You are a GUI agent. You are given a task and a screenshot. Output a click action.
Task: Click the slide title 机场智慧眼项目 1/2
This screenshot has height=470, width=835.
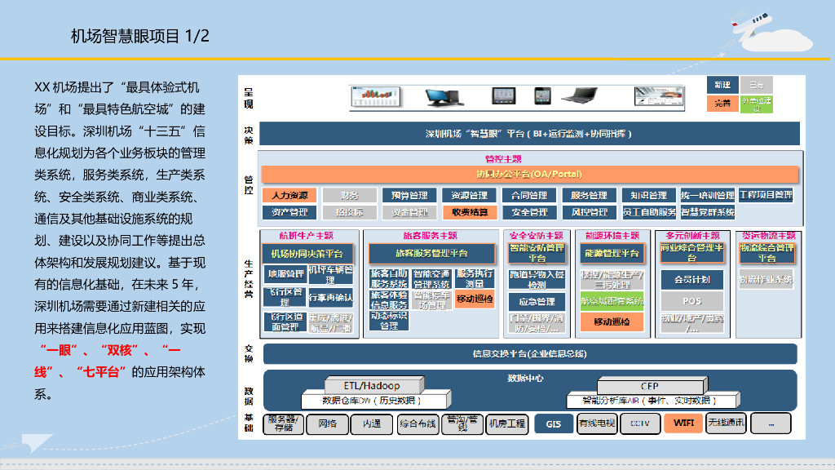pyautogui.click(x=140, y=36)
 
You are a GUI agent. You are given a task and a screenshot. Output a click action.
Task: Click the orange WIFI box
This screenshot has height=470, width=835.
pyautogui.click(x=683, y=423)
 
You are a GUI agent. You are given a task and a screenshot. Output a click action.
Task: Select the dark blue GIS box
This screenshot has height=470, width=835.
pyautogui.click(x=554, y=423)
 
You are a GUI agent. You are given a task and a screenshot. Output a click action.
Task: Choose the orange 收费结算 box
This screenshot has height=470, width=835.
pyautogui.click(x=470, y=212)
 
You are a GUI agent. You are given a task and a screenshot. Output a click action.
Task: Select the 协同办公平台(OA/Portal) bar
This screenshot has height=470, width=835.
pyautogui.click(x=528, y=174)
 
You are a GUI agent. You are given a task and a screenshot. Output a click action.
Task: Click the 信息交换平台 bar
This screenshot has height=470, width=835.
pyautogui.click(x=529, y=353)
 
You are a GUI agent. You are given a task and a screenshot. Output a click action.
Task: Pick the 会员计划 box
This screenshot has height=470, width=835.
pyautogui.click(x=691, y=279)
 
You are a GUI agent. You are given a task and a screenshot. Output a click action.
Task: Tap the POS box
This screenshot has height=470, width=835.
pyautogui.click(x=691, y=301)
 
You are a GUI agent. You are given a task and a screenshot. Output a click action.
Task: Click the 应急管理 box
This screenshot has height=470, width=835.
pyautogui.click(x=537, y=301)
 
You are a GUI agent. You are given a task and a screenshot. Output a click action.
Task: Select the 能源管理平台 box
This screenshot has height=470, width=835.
pyautogui.click(x=611, y=254)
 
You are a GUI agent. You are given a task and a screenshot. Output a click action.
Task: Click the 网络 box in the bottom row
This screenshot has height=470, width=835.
pyautogui.click(x=328, y=423)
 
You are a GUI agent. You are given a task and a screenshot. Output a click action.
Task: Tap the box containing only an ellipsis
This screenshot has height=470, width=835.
pyautogui.click(x=771, y=423)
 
